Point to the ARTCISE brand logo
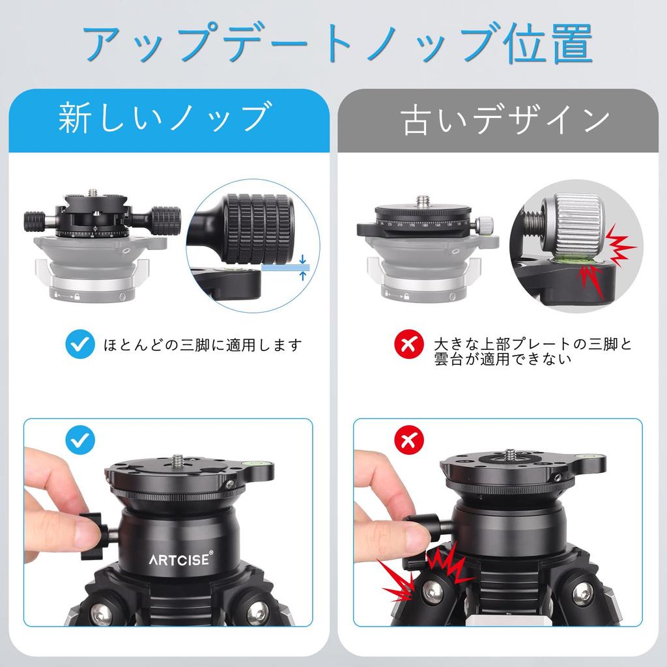pos(179,560)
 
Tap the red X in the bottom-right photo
pos(408,441)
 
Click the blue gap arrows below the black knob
pos(302,267)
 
